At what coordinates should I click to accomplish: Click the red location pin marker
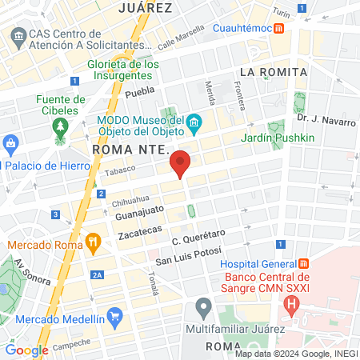point(181,163)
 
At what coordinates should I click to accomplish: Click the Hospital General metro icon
point(304,264)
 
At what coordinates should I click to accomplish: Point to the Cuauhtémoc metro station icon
point(278,28)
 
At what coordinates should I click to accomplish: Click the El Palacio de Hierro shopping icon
point(10,145)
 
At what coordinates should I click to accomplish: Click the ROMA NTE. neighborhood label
point(128,150)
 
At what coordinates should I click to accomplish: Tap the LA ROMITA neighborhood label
point(273,72)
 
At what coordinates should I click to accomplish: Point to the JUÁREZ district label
point(145,8)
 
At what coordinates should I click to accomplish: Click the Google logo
point(26,350)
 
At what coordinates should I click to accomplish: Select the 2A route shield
point(98,275)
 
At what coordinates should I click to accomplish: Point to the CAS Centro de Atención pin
point(18,36)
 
